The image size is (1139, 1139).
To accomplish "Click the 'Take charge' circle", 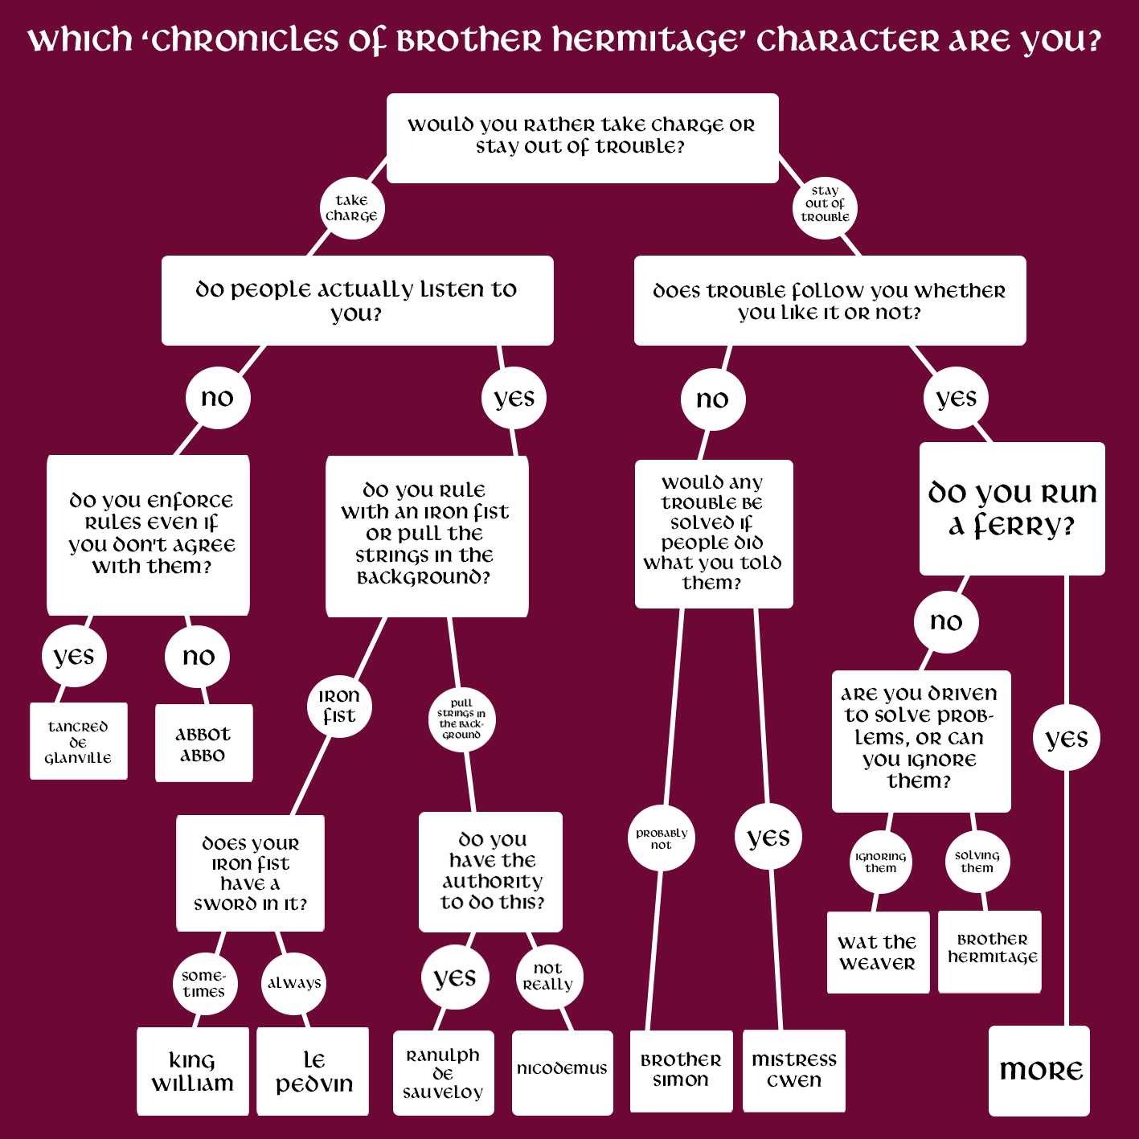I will click(351, 208).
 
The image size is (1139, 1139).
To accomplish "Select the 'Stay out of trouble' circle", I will click(825, 207).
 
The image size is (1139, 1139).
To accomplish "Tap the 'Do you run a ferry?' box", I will click(1012, 508).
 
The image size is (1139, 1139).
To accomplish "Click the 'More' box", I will click(1039, 1070).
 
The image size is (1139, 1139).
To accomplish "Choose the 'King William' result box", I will click(192, 1071).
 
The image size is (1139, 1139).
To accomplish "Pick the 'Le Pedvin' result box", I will click(313, 1071).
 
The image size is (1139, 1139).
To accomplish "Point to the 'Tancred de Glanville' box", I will click(78, 741).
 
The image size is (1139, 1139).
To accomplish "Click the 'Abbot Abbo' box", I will click(203, 743).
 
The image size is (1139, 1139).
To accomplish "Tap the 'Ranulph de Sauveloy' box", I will click(443, 1072).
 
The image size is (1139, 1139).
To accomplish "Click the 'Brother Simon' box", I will click(681, 1071).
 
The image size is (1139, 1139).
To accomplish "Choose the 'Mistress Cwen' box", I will click(793, 1071).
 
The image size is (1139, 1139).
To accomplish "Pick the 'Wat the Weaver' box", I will click(878, 952).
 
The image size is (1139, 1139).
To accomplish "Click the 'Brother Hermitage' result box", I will click(990, 950).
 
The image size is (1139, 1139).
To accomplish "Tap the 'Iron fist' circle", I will click(339, 706).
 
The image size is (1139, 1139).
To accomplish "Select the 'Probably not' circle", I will click(661, 838).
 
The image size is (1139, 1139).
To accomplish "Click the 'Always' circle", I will click(293, 983).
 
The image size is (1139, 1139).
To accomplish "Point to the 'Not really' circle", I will click(548, 976).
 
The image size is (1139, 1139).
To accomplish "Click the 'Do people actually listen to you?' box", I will click(357, 300).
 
